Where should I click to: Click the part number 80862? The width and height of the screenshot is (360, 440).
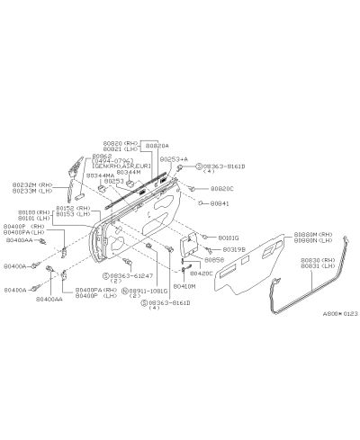(x=102, y=155)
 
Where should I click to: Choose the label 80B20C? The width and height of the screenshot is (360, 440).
(x=222, y=189)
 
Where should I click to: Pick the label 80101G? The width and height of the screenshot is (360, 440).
(x=229, y=238)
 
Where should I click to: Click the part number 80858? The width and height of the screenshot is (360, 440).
(x=213, y=259)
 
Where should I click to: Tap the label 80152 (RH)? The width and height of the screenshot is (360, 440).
(x=72, y=209)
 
